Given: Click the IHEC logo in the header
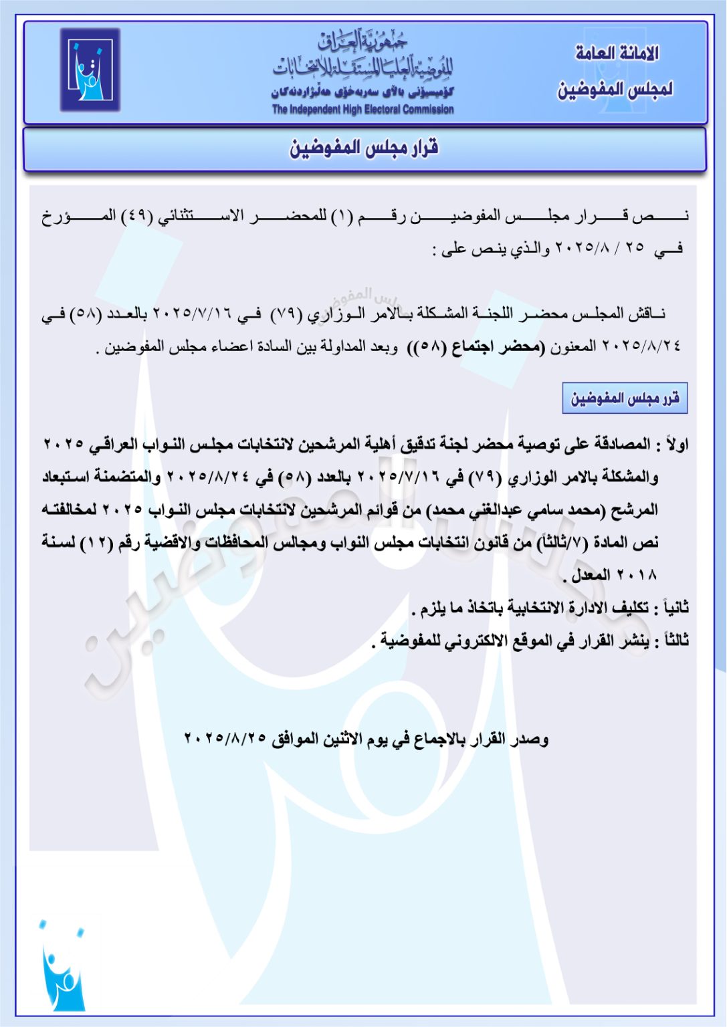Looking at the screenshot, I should (90, 70).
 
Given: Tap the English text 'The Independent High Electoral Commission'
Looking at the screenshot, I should (362, 110).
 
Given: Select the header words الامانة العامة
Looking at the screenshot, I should (617, 53).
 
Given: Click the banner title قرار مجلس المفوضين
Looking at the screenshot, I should (364, 148).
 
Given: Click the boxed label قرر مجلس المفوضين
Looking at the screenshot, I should (625, 398).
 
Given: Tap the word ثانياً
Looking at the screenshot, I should (671, 608).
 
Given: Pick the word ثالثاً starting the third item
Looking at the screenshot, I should (671, 641).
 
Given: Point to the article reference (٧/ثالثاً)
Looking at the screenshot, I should (559, 543).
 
